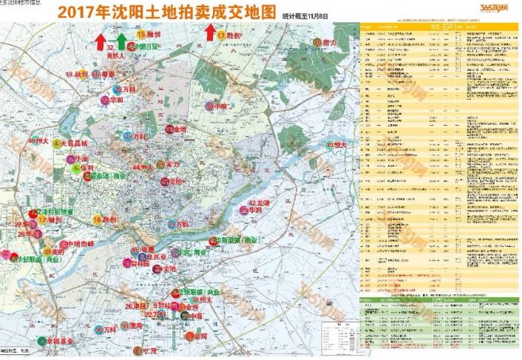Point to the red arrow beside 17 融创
pos(210,32)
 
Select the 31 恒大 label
pos(337,145)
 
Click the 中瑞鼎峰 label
pos(80,244)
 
